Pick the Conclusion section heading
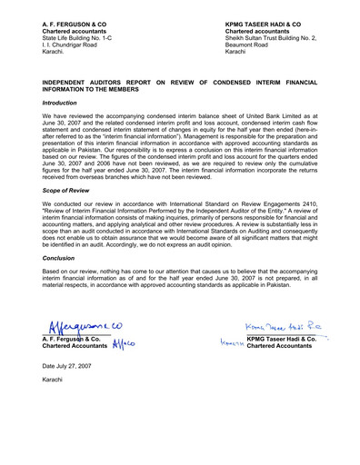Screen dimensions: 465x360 pos(59,257)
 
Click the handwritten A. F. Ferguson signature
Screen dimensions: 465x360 pos(78,330)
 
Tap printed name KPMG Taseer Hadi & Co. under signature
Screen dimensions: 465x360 pos(275,339)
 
